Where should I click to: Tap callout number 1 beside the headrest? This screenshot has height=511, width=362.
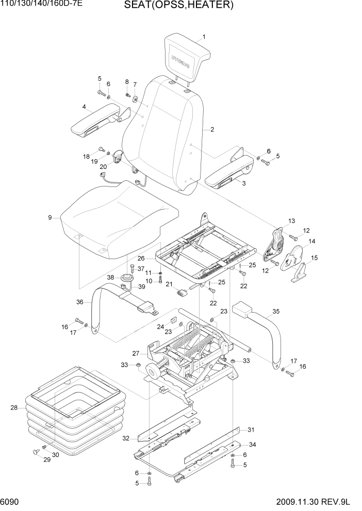click(x=204, y=37)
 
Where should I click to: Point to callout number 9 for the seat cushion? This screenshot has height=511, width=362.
click(x=50, y=218)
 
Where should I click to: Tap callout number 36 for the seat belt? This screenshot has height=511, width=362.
click(x=79, y=302)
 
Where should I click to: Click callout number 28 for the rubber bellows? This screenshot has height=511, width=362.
click(x=14, y=408)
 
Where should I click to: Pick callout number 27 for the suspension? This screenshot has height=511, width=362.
click(x=136, y=353)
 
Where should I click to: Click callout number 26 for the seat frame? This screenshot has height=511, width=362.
click(x=141, y=258)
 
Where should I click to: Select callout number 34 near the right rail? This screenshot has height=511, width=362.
click(x=251, y=445)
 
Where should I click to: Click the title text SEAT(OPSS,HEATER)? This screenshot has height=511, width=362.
click(x=179, y=6)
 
